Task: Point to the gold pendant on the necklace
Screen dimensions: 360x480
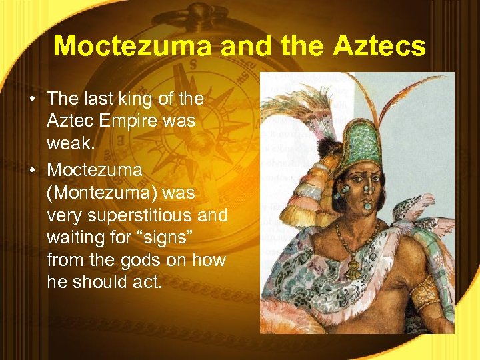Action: pyautogui.click(x=351, y=269)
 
